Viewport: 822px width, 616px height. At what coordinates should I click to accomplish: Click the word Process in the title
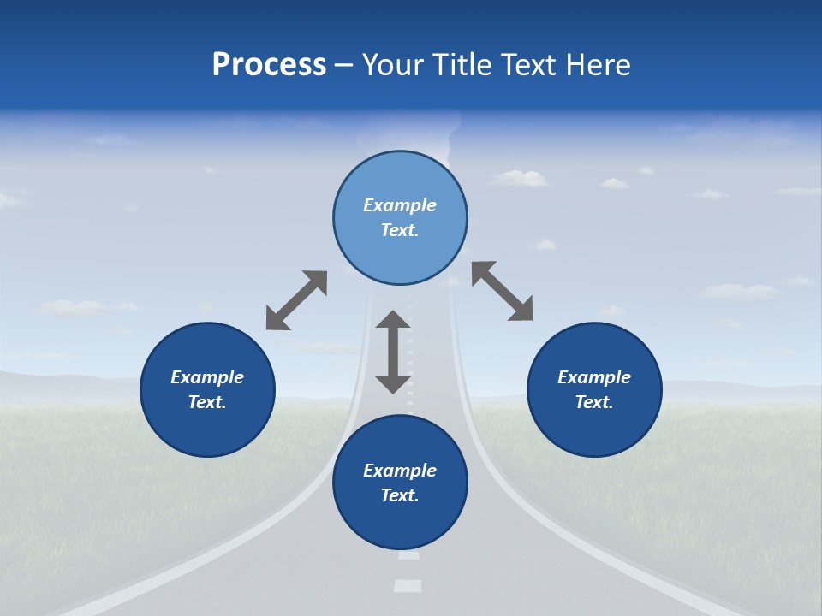(269, 65)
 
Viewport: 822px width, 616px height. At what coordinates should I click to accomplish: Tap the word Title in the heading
(461, 65)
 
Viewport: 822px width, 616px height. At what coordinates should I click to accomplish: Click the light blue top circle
(400, 218)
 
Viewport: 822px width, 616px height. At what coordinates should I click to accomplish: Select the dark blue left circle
(207, 389)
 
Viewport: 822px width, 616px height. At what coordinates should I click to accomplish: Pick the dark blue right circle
(594, 389)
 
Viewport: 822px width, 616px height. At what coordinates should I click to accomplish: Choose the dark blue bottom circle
(400, 483)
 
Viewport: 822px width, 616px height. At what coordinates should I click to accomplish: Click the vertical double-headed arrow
(393, 352)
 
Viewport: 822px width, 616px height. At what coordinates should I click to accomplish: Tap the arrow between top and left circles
(296, 300)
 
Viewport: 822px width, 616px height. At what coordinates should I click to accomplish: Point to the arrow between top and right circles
(502, 291)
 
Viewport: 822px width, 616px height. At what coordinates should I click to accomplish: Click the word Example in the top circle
(400, 205)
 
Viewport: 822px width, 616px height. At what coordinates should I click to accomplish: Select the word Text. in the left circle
(207, 402)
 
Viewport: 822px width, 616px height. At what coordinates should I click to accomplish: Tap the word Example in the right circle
(594, 377)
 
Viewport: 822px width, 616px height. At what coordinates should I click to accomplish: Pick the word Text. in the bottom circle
(400, 495)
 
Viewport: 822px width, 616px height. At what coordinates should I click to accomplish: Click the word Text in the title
(527, 65)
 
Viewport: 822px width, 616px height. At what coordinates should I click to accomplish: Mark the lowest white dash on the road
(408, 586)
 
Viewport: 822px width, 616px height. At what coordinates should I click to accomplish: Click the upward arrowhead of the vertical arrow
(393, 320)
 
